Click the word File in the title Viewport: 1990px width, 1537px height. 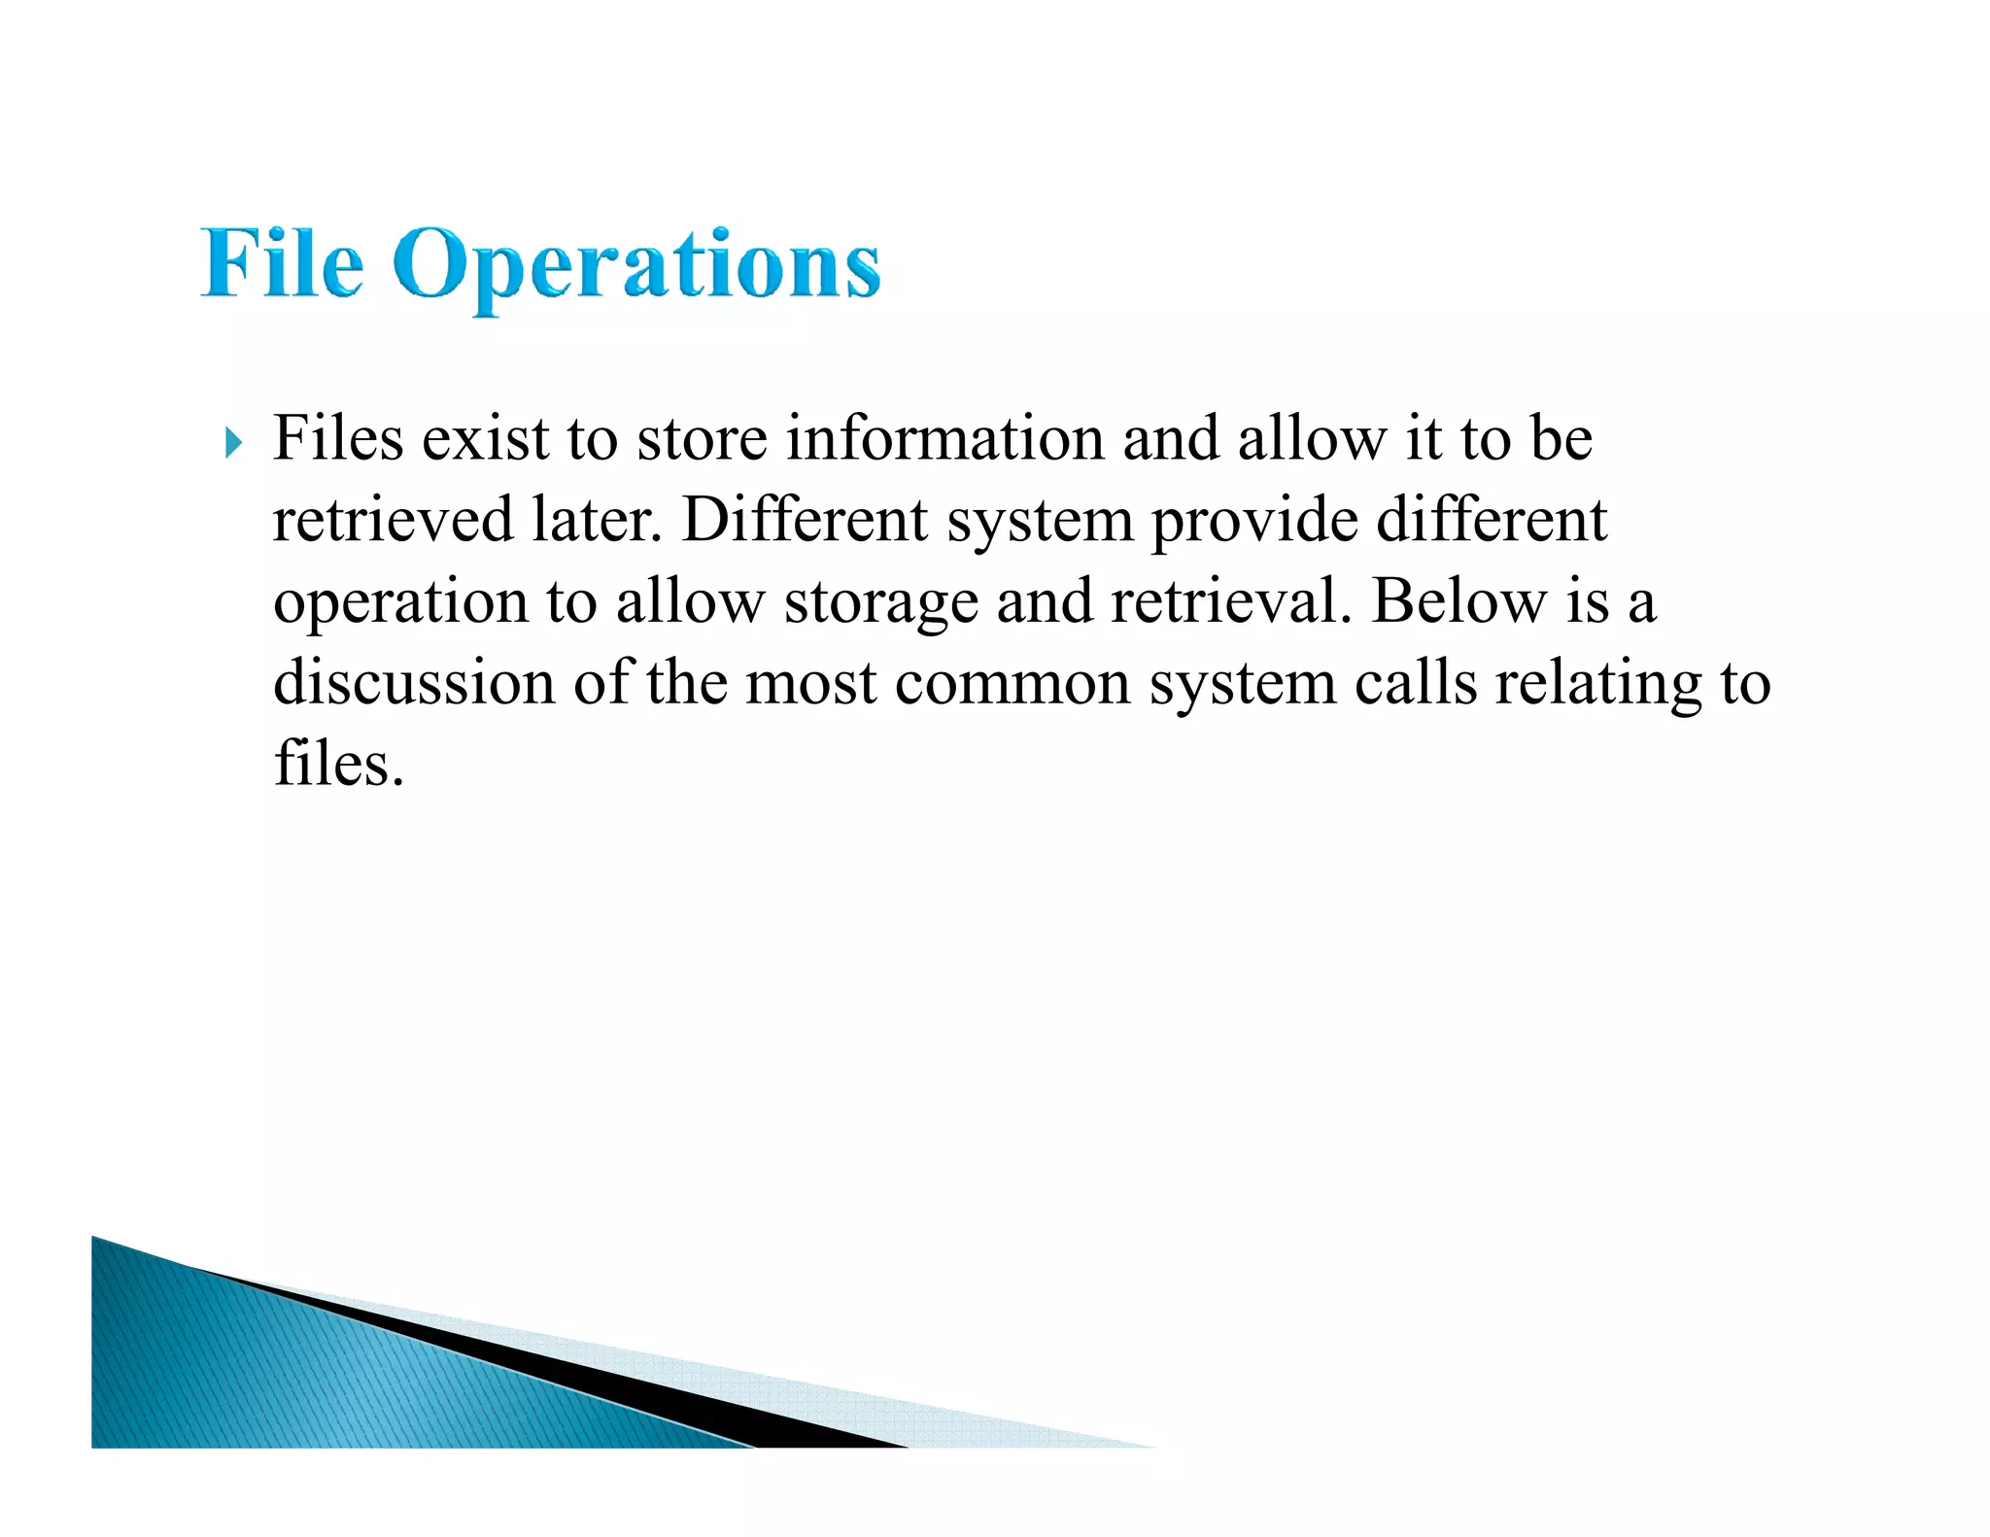(x=282, y=263)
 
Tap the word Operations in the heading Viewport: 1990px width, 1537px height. (x=636, y=265)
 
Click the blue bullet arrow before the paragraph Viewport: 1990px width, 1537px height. (x=233, y=444)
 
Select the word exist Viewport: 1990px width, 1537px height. (x=485, y=438)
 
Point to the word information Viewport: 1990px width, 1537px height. (x=944, y=438)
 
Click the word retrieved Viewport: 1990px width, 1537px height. (x=393, y=520)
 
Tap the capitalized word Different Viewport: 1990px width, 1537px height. (x=805, y=520)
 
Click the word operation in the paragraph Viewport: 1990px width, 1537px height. (x=400, y=602)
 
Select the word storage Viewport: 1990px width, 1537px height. (x=880, y=602)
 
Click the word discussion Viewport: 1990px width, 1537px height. (x=414, y=683)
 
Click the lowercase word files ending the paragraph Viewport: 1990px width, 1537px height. (x=338, y=764)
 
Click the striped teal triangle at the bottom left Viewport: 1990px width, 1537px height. (x=292, y=1380)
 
